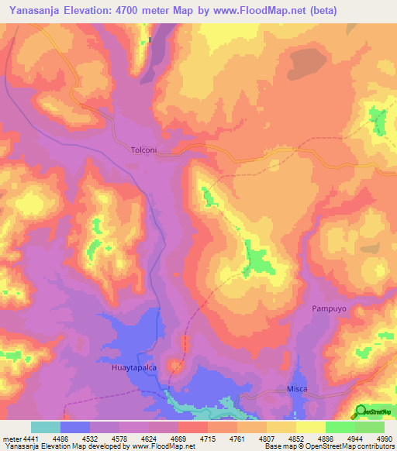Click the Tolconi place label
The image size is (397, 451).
pos(144,150)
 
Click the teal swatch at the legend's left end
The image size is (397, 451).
pos(45,427)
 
